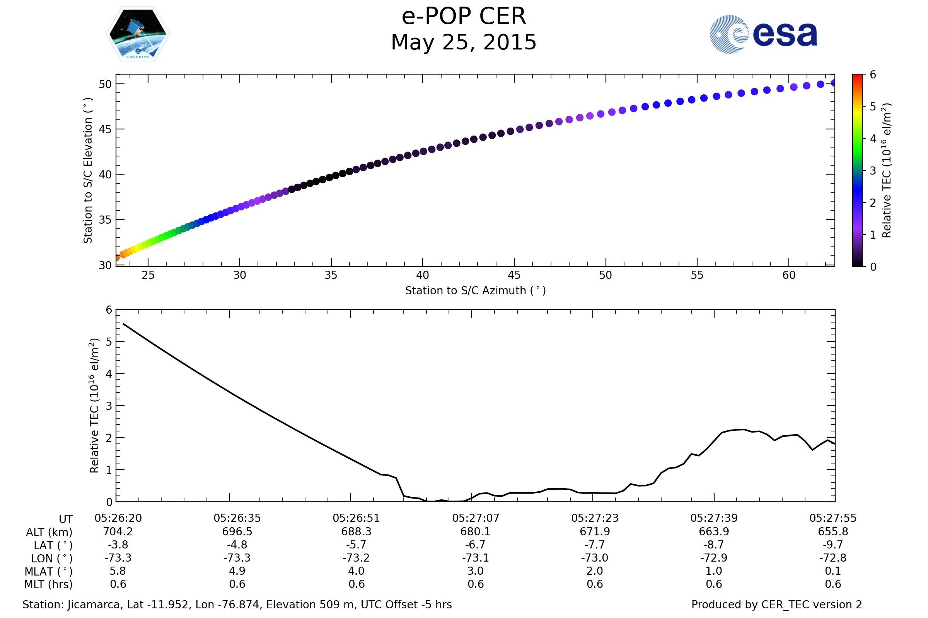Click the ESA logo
pyautogui.click(x=763, y=34)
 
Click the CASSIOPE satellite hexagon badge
pyautogui.click(x=138, y=34)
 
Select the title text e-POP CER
pyautogui.click(x=464, y=17)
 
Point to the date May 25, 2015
pyautogui.click(x=464, y=42)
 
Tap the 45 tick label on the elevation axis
pyautogui.click(x=105, y=129)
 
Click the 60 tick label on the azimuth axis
pyautogui.click(x=789, y=275)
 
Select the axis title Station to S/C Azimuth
pyautogui.click(x=476, y=291)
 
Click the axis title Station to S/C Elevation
pyautogui.click(x=88, y=170)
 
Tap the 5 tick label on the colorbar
pyautogui.click(x=873, y=107)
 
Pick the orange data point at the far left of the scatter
pyautogui.click(x=117, y=258)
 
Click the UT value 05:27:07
pyautogui.click(x=476, y=518)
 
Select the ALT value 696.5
pyautogui.click(x=237, y=532)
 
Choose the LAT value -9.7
pyautogui.click(x=833, y=545)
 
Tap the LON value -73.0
pyautogui.click(x=595, y=558)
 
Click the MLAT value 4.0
pyautogui.click(x=356, y=571)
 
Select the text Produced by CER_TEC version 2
pyautogui.click(x=776, y=605)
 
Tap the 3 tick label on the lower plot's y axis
pyautogui.click(x=109, y=406)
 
